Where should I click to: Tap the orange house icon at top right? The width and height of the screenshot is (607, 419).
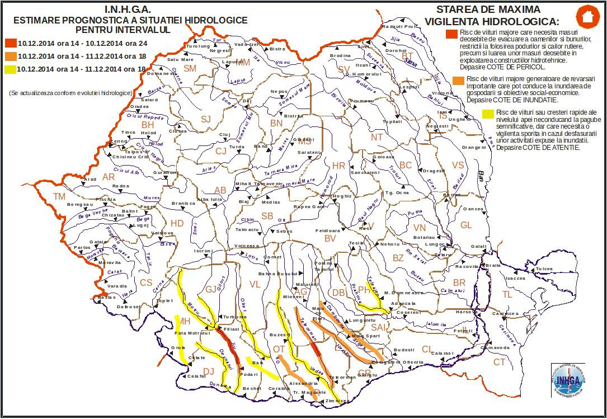[x=586, y=17]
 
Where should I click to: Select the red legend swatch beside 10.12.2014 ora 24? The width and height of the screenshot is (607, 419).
[x=10, y=43]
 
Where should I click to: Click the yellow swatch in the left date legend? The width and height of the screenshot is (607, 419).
[x=10, y=69]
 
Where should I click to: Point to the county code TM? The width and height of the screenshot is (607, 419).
[x=59, y=196]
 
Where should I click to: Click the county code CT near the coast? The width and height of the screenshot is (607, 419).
[x=499, y=362]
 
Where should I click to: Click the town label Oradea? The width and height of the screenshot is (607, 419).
[x=140, y=106]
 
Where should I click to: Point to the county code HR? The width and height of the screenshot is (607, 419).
[x=339, y=166]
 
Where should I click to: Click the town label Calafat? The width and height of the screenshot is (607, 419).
[x=197, y=376]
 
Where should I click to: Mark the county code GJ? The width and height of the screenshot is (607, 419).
[x=211, y=289]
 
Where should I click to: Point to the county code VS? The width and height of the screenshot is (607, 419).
[x=458, y=165]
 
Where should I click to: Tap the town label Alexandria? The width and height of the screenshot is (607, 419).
[x=303, y=384]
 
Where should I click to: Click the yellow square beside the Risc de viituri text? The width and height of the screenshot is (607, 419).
[x=488, y=115]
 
